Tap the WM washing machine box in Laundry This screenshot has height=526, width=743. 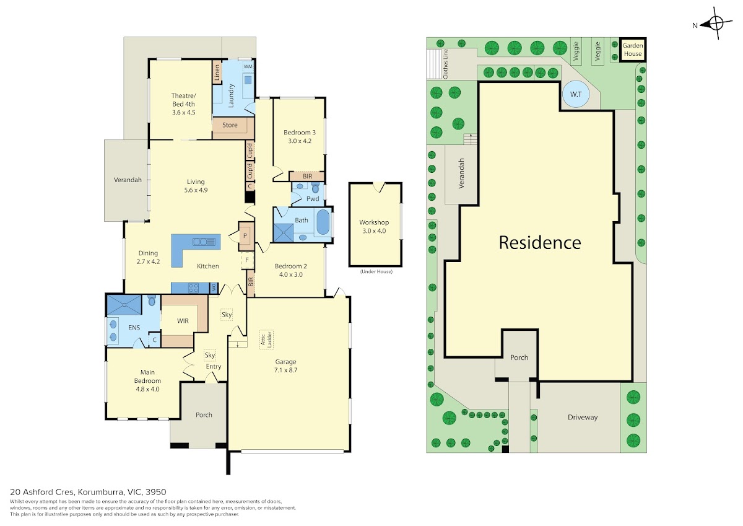[248, 66]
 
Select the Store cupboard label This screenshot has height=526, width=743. [230, 125]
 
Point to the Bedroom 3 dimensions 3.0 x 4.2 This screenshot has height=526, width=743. [300, 141]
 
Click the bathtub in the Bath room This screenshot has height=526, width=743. [323, 222]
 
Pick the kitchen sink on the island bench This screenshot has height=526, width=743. [204, 242]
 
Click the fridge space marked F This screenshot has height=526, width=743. [247, 260]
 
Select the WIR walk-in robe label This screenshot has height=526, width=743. [183, 321]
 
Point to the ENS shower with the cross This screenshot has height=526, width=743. [124, 305]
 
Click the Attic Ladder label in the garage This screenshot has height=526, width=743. [266, 340]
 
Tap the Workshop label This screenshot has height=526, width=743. [374, 222]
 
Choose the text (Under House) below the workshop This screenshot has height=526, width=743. [376, 271]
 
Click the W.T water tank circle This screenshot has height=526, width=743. [576, 94]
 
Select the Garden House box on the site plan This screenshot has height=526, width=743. [632, 50]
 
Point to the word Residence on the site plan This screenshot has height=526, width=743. [540, 242]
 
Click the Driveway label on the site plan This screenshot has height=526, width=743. [583, 417]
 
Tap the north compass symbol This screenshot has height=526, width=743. [716, 23]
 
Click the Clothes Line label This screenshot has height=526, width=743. [445, 64]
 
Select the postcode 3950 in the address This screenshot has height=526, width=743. [156, 492]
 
